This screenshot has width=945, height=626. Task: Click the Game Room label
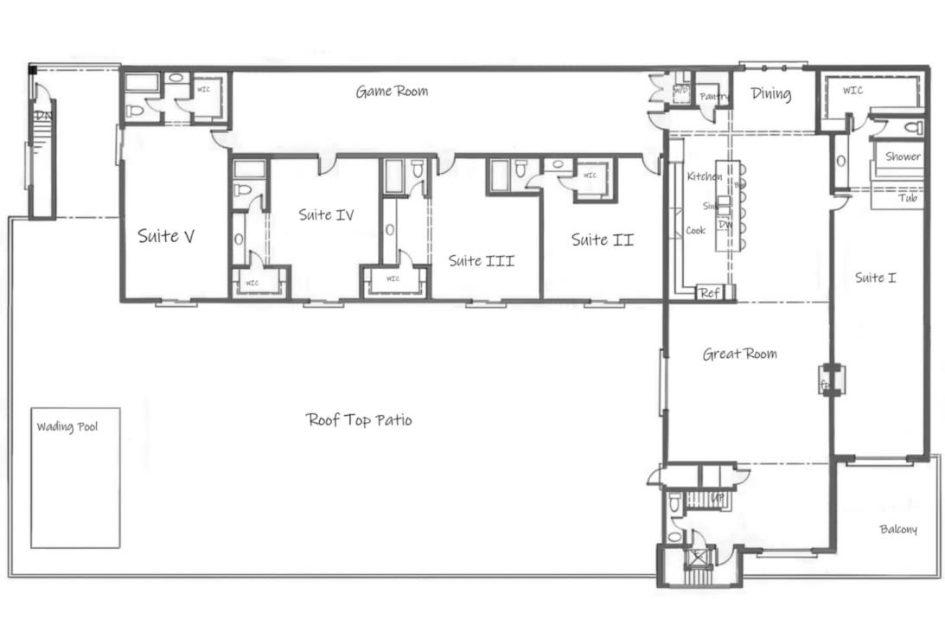tap(392, 91)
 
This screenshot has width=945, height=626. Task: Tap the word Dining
tap(770, 93)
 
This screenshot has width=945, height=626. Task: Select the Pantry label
tap(714, 96)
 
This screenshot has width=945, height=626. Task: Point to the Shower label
tap(902, 157)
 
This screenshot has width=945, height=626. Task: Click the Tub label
tap(908, 198)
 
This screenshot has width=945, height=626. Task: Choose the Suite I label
tap(875, 278)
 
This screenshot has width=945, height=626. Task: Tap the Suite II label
tap(602, 240)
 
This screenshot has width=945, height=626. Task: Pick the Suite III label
tap(481, 259)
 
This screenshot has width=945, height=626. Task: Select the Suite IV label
tap(326, 214)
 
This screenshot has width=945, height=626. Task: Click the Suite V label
tap(165, 236)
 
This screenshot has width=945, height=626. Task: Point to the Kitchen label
tap(704, 176)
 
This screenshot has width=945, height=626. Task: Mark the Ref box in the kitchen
tap(709, 293)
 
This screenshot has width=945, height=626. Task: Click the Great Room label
tap(739, 354)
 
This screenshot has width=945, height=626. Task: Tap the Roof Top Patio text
tap(359, 420)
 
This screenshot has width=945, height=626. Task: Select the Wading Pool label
tap(67, 426)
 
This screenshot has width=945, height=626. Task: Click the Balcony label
tap(898, 529)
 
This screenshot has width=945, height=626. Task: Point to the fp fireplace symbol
tap(826, 380)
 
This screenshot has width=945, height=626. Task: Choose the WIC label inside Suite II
tap(590, 176)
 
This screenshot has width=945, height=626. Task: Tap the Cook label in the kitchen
tap(695, 231)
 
